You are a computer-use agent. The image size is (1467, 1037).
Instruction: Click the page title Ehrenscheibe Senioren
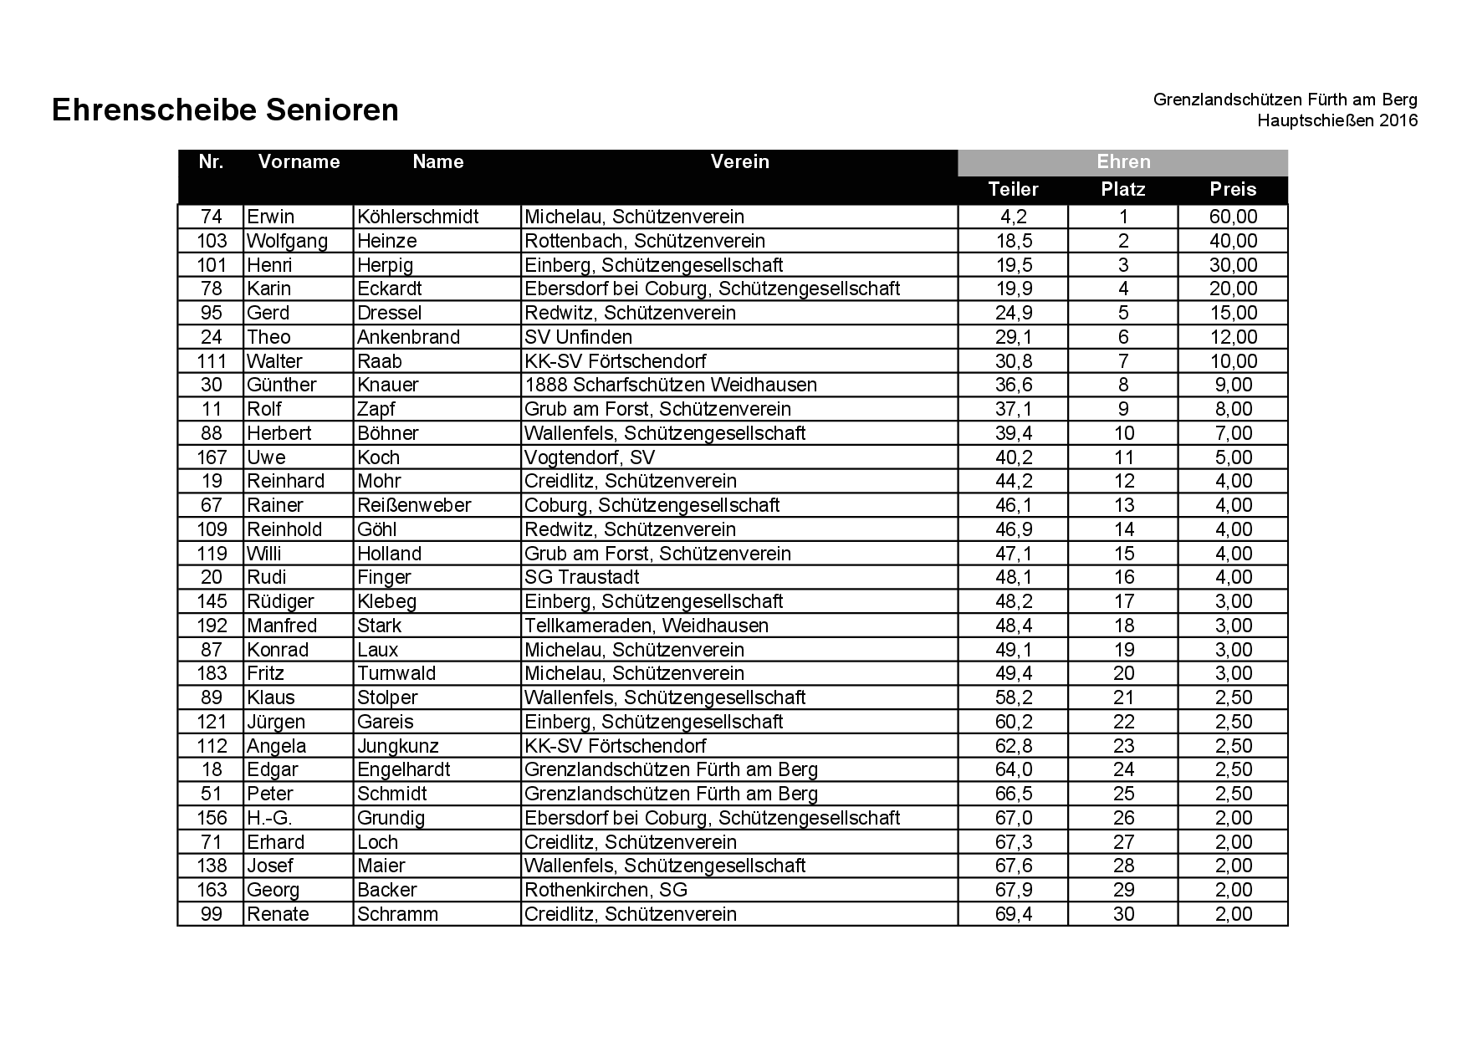pyautogui.click(x=225, y=110)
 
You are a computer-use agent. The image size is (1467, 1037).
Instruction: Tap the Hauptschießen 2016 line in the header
pyautogui.click(x=1337, y=120)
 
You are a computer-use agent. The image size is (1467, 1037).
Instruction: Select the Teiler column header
pyautogui.click(x=1013, y=189)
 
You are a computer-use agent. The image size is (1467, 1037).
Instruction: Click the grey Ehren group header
pyautogui.click(x=1122, y=162)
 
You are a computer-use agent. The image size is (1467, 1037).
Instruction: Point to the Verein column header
pyautogui.click(x=739, y=161)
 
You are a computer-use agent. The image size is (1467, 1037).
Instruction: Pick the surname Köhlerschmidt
pyautogui.click(x=417, y=217)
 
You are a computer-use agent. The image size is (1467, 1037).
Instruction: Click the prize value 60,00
pyautogui.click(x=1233, y=217)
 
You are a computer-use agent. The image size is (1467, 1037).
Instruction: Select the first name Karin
pyautogui.click(x=269, y=289)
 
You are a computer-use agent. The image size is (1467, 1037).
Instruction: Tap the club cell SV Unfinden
pyautogui.click(x=578, y=337)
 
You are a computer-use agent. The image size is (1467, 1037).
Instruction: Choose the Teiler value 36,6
pyautogui.click(x=1013, y=385)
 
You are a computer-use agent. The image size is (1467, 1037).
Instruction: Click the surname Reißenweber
pyautogui.click(x=414, y=505)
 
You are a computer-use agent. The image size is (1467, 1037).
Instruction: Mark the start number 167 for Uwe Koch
pyautogui.click(x=212, y=457)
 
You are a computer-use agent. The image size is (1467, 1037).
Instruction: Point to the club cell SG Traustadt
pyautogui.click(x=581, y=577)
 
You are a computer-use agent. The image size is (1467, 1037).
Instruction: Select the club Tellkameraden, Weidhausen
pyautogui.click(x=646, y=626)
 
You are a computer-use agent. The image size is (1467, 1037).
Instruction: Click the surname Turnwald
pyautogui.click(x=396, y=673)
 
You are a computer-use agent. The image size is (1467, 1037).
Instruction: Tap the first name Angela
pyautogui.click(x=276, y=746)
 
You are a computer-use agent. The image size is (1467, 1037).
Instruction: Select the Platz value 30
pyautogui.click(x=1123, y=914)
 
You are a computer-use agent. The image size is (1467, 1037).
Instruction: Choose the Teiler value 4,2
pyautogui.click(x=1013, y=217)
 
